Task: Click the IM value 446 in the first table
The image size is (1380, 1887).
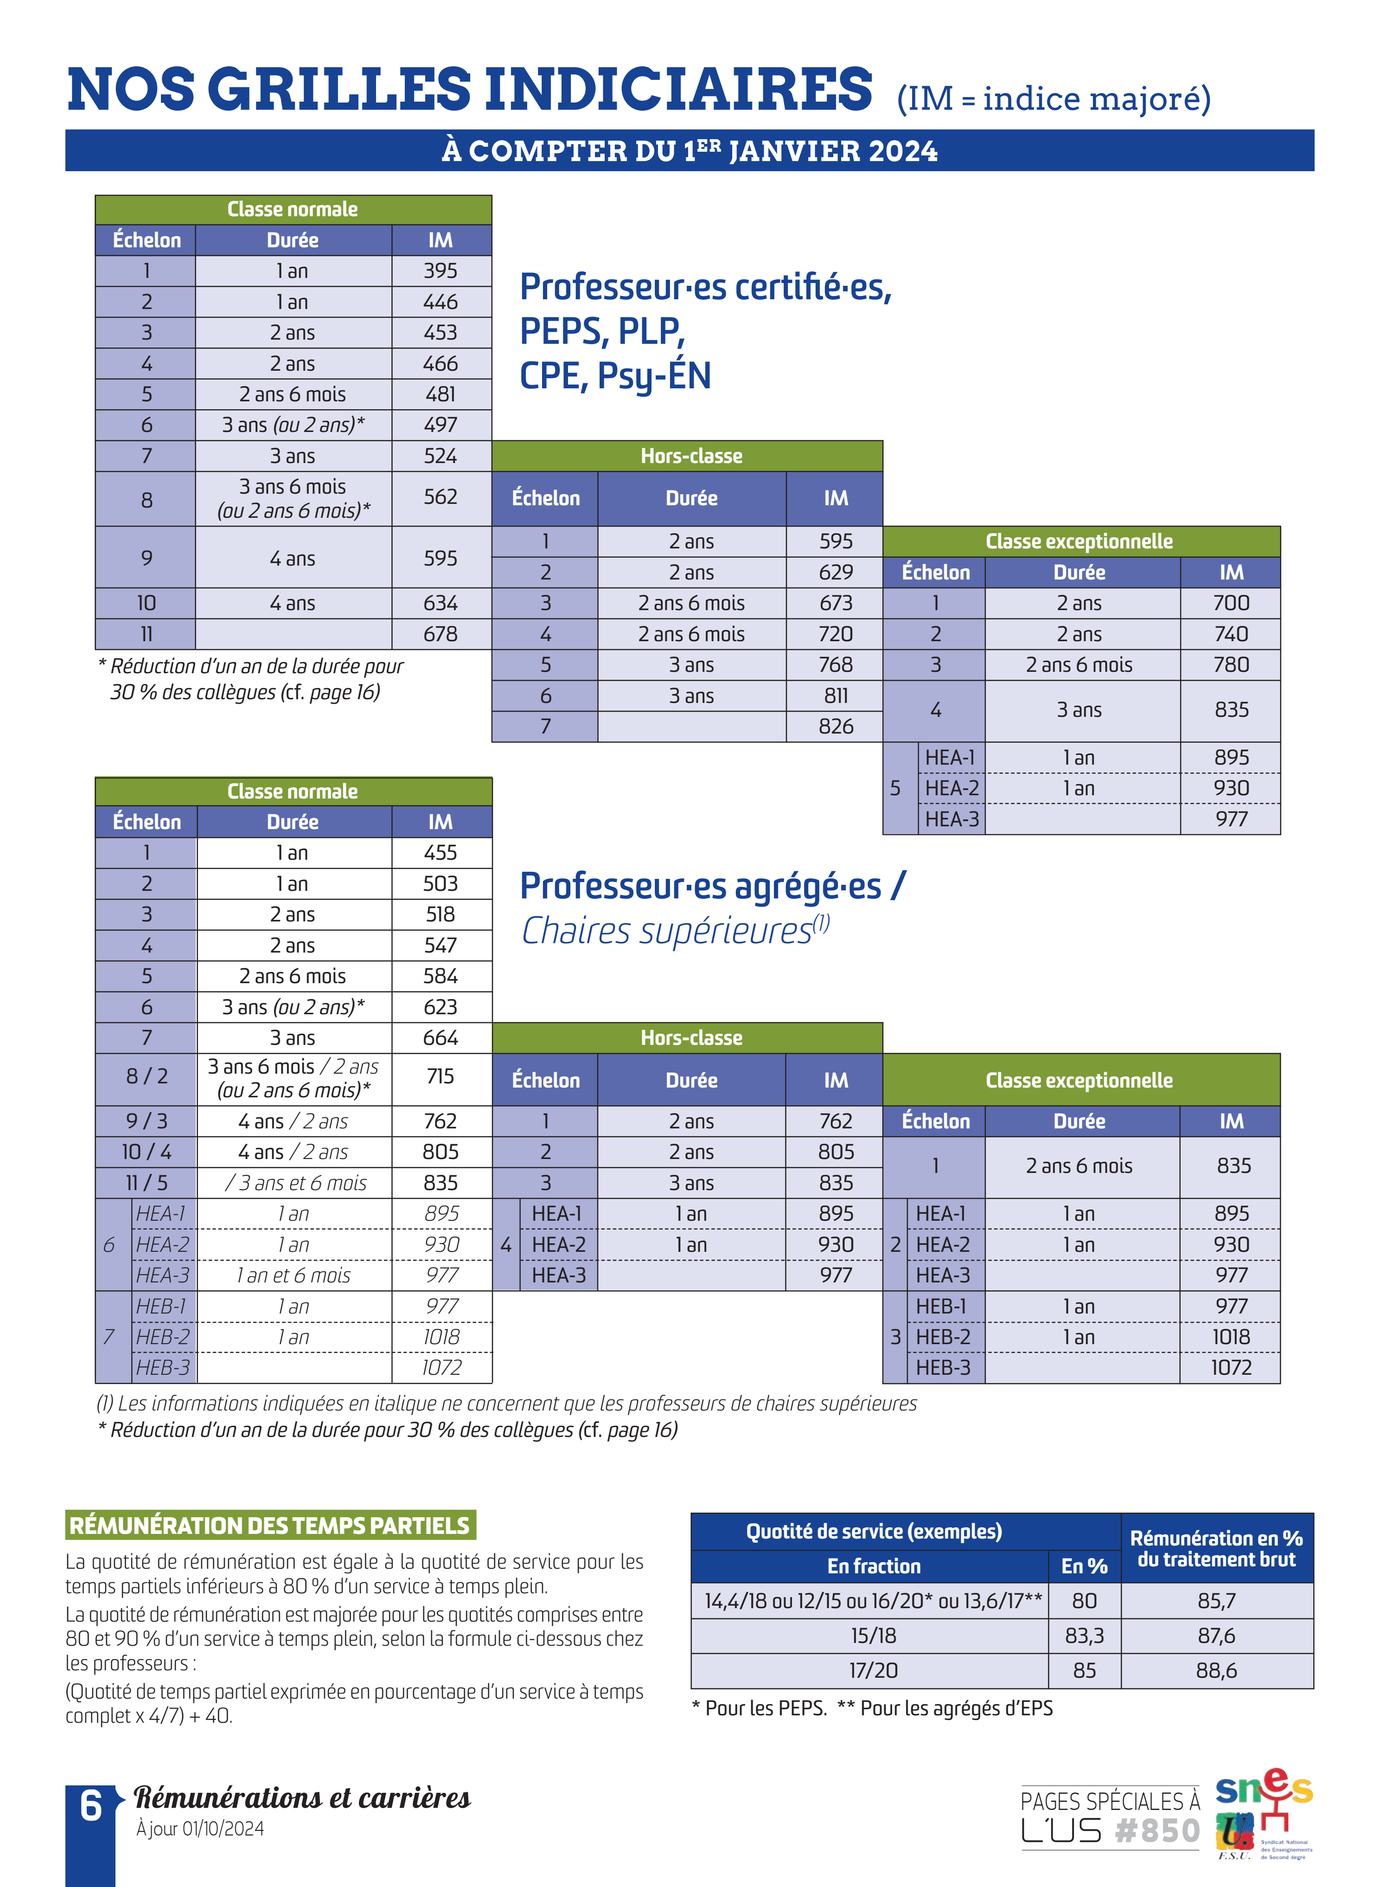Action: [x=440, y=302]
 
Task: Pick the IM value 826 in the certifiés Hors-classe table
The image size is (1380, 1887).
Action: [x=835, y=726]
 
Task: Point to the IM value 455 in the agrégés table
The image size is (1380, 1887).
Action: [x=440, y=852]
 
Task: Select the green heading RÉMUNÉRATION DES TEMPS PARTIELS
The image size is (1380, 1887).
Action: [x=270, y=1525]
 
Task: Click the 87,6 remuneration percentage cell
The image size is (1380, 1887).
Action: [x=1216, y=1636]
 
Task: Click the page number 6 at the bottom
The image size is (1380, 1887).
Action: [x=90, y=1807]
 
